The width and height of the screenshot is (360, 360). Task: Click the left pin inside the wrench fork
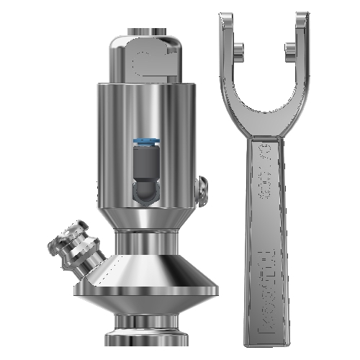(x=238, y=50)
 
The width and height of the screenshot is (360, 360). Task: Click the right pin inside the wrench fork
(x=289, y=50)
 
